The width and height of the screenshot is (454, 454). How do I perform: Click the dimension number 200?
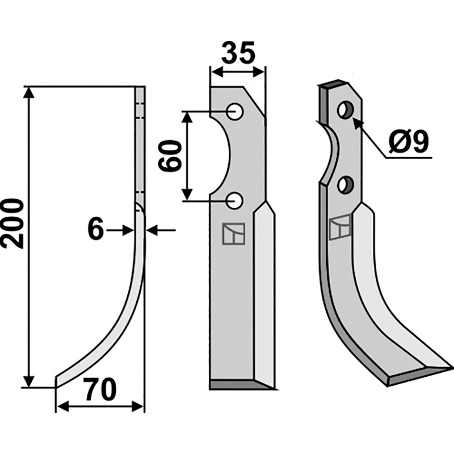pos(12,223)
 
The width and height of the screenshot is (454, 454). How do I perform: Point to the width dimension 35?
pos(238,52)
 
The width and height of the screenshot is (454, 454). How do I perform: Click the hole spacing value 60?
pos(170,155)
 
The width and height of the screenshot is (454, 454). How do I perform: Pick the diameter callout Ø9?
pos(407,142)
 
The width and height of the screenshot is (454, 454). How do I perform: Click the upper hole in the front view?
pos(235,111)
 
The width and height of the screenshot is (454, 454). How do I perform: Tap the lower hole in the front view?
pos(234,200)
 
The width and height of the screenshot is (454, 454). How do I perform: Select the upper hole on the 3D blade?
pos(346,110)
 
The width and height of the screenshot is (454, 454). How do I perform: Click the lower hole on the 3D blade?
pos(346,184)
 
